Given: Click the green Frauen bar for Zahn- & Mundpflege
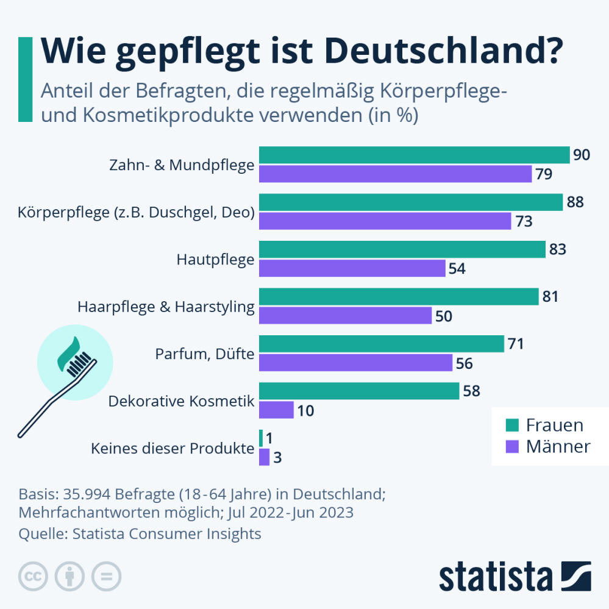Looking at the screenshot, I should click(415, 155).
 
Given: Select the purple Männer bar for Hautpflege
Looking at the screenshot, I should click(352, 269).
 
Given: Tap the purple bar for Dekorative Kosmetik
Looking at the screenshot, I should click(277, 410).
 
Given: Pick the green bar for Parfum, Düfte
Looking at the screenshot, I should click(382, 344).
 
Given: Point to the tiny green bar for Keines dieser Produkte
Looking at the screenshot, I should click(261, 438).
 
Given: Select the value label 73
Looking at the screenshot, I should click(524, 221).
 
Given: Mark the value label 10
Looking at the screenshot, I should click(305, 410).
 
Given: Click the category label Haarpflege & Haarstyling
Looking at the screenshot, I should click(166, 307).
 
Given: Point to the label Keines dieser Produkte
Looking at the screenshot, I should click(173, 449).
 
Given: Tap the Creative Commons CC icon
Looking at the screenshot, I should click(34, 575).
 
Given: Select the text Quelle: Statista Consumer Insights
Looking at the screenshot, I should click(140, 534).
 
